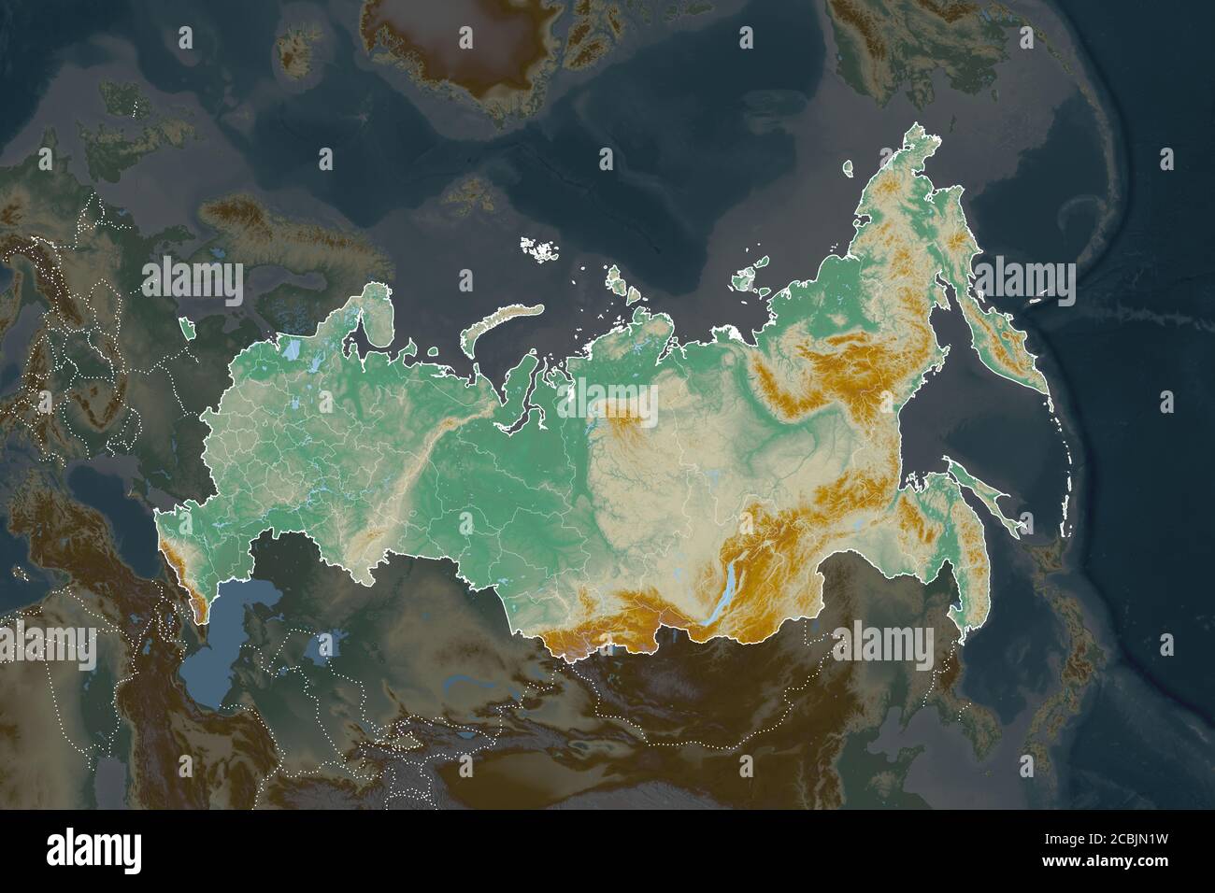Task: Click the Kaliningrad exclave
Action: click(187, 328)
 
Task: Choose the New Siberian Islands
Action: click(748, 278)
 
